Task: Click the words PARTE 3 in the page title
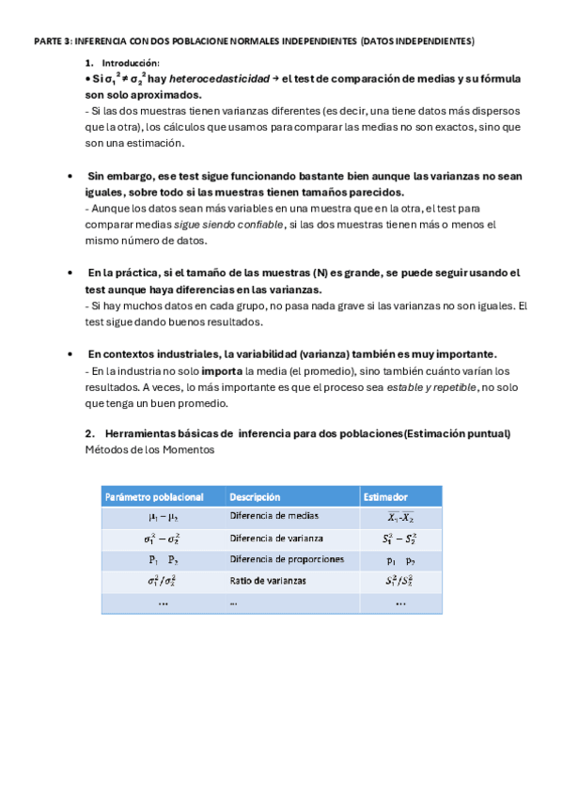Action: [51, 41]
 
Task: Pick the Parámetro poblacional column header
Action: [154, 496]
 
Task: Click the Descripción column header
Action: [255, 496]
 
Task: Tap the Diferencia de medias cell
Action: [274, 516]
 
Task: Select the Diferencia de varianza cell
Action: [276, 539]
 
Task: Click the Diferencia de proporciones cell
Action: [287, 559]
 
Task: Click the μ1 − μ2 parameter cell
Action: [163, 517]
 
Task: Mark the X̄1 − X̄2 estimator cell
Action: [400, 517]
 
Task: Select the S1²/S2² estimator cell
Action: [400, 581]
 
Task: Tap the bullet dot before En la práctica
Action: [72, 273]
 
